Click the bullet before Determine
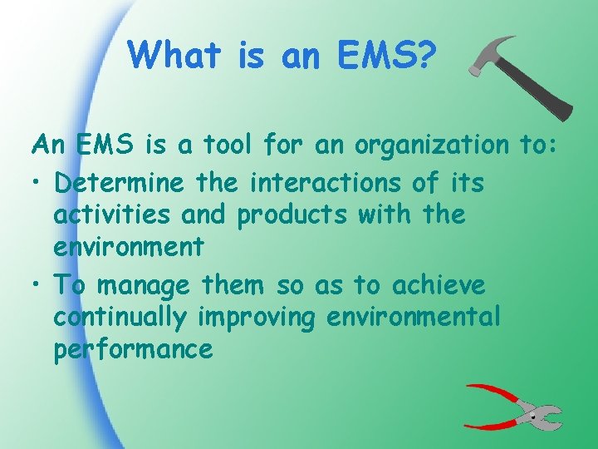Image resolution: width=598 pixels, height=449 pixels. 38,182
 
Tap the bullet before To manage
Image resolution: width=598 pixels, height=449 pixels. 38,284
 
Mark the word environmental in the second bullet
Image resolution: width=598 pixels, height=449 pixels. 416,318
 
